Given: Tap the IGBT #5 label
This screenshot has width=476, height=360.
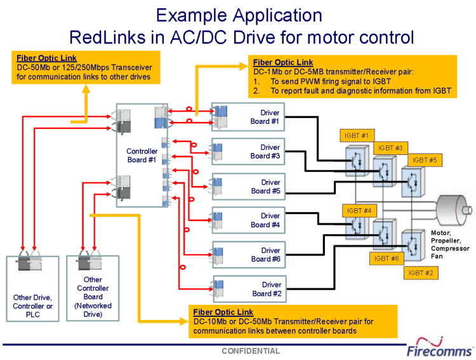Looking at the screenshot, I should click(423, 160).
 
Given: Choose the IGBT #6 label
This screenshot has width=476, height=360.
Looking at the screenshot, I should click(387, 258).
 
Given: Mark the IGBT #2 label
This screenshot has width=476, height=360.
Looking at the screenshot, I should click(421, 273).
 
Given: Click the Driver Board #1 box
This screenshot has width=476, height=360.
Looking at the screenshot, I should click(248, 117).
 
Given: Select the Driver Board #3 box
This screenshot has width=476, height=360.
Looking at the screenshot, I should click(248, 152).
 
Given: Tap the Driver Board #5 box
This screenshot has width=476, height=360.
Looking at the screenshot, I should click(248, 187).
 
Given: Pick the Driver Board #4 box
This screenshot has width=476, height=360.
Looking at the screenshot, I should click(248, 220).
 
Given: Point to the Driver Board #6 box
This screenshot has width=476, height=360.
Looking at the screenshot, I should click(248, 255).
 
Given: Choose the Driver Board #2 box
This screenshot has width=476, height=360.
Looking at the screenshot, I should click(248, 289).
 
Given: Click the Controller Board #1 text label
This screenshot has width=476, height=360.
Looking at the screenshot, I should click(142, 156).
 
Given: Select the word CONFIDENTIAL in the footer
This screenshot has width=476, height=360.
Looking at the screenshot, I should click(250, 351).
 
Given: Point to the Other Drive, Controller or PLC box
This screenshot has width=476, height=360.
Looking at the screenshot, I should click(32, 288).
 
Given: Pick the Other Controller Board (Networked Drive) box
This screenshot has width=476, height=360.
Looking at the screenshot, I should click(93, 288).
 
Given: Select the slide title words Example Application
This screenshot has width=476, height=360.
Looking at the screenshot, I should click(239, 15).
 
